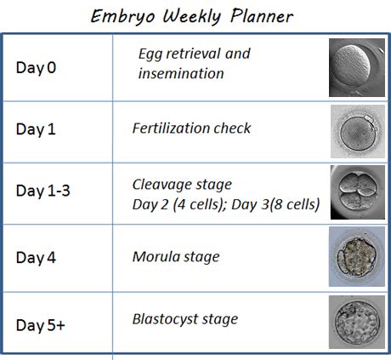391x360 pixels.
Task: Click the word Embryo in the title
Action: pos(123,17)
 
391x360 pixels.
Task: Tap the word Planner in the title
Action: pos(262,16)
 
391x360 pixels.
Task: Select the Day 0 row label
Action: pos(36,68)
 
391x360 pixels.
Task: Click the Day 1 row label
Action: pos(36,129)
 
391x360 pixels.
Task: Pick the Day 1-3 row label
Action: pos(43,191)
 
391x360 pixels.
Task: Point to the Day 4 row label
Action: pos(36,258)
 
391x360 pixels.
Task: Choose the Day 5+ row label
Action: pos(41,325)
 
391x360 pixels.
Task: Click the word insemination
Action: pos(181,73)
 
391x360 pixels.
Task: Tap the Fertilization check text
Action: pos(191,129)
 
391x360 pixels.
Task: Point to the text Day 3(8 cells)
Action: pos(275,204)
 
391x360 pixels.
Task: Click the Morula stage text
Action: pos(176,257)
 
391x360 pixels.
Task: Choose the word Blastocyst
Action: pos(165,319)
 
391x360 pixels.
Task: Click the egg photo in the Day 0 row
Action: pos(357,67)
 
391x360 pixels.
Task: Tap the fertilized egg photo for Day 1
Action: pos(358,131)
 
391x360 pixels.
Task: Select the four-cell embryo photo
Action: pos(358,192)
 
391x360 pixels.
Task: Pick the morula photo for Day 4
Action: pos(357,256)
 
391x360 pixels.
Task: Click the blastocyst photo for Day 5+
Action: pos(357,322)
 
